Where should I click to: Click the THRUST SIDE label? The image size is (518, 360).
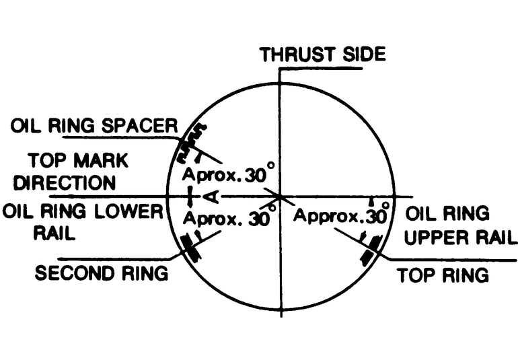pyautogui.click(x=323, y=54)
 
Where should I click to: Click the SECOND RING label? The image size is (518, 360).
pyautogui.click(x=101, y=274)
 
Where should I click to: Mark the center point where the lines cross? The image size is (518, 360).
pyautogui.click(x=281, y=196)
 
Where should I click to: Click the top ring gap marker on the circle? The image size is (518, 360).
pyautogui.click(x=370, y=250)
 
